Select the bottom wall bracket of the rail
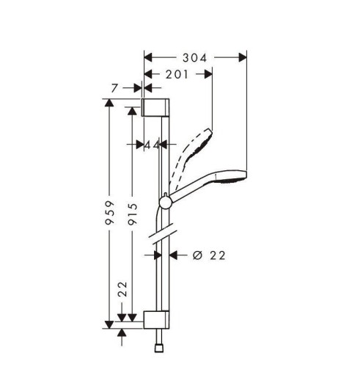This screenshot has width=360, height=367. (x=156, y=319)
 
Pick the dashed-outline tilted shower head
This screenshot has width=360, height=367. (x=194, y=143)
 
